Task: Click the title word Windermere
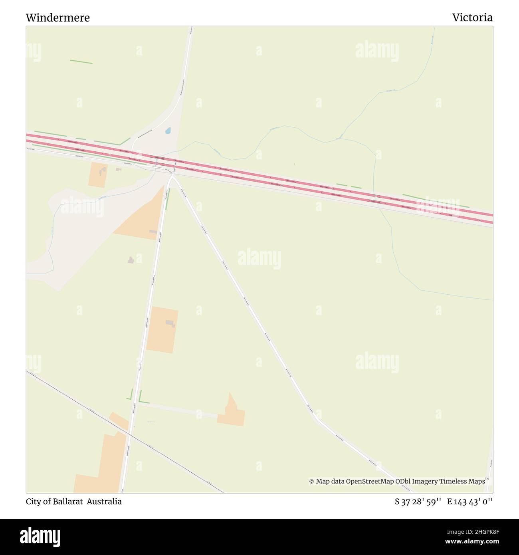(58, 18)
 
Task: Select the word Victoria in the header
(472, 18)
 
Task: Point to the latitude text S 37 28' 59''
(418, 501)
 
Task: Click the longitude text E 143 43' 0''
(470, 501)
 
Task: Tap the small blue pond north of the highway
(168, 131)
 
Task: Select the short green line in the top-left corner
(81, 62)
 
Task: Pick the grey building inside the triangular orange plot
(153, 232)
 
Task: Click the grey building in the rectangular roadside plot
(170, 323)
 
